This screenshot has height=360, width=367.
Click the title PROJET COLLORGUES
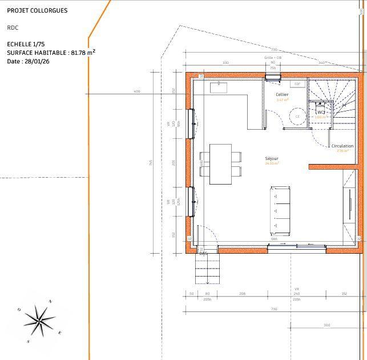click(x=37, y=10)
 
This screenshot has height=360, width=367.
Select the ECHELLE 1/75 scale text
click(x=26, y=44)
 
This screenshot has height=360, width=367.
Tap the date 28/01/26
click(x=29, y=61)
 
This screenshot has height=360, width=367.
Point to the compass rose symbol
click(x=39, y=320)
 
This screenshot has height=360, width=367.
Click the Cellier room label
click(x=282, y=94)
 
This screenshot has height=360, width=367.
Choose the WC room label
click(x=321, y=112)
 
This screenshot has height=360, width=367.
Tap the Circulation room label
click(x=342, y=146)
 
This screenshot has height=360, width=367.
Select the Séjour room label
click(x=272, y=158)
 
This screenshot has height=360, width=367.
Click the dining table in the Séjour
click(x=220, y=164)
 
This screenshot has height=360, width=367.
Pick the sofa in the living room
click(x=280, y=210)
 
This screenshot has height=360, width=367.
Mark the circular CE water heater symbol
click(x=297, y=117)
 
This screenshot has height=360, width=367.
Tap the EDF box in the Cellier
click(x=297, y=84)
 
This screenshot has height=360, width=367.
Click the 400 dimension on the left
click(x=137, y=91)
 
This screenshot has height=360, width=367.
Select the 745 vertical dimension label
click(x=151, y=163)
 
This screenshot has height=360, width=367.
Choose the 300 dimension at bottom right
click(x=326, y=325)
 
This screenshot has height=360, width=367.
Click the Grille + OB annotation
click(x=273, y=58)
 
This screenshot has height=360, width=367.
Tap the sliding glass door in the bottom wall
click(x=297, y=246)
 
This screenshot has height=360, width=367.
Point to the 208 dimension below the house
click(x=243, y=293)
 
